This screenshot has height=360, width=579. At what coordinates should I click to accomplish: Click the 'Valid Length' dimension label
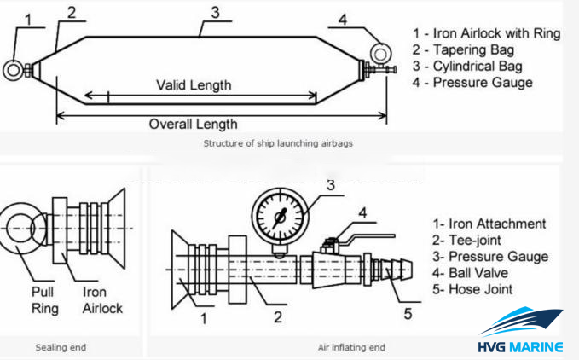click(193, 85)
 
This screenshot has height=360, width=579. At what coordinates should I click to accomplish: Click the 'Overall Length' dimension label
click(193, 124)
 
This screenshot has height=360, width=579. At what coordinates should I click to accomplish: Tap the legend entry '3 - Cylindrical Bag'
click(477, 67)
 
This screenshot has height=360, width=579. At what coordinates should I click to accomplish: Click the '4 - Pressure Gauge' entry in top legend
click(483, 83)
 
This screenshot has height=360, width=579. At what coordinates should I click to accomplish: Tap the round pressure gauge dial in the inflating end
click(279, 215)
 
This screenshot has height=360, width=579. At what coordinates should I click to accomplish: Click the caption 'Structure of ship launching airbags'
click(277, 143)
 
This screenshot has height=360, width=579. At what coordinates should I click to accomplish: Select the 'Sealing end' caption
click(60, 347)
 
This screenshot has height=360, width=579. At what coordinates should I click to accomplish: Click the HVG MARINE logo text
click(520, 346)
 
